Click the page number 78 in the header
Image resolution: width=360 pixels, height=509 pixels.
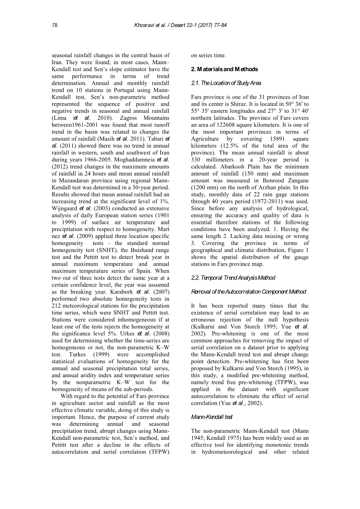[x=54, y=25]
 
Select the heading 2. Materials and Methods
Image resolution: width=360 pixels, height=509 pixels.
[x=224, y=69]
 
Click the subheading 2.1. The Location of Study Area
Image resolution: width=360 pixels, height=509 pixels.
[x=226, y=83]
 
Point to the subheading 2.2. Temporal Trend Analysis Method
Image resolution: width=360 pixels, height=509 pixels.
[x=233, y=278]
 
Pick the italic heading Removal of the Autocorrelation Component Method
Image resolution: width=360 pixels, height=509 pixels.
[x=248, y=292]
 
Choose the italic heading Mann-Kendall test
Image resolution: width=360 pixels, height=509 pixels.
[x=212, y=417]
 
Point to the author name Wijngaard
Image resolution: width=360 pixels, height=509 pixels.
[x=65, y=208]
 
